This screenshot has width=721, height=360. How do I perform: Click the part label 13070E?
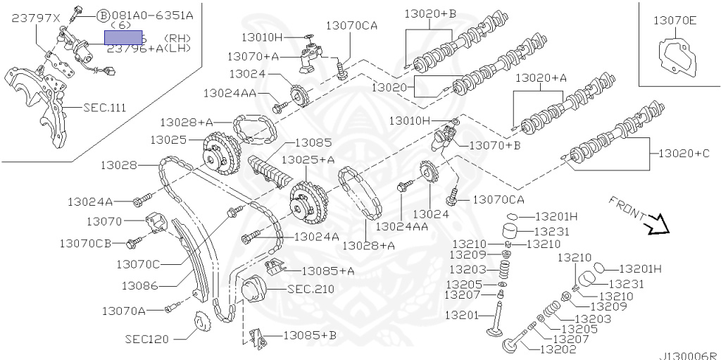(x=675, y=20)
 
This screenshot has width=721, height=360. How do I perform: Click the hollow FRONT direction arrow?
(x=658, y=223)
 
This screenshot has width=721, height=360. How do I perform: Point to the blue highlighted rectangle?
(x=123, y=38)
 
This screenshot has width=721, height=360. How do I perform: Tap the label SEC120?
(x=147, y=339)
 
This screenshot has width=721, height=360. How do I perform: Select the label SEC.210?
(x=311, y=289)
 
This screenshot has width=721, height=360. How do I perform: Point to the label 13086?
(x=139, y=286)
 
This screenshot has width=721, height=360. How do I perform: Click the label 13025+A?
(x=308, y=160)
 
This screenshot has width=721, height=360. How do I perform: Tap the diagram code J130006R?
(x=687, y=356)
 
